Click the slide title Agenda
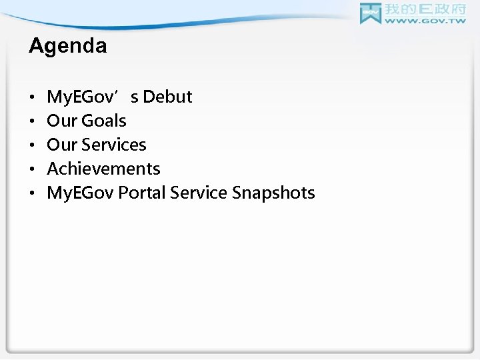[67, 46]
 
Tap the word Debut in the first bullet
[167, 97]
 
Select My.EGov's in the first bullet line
[93, 97]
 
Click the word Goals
[103, 121]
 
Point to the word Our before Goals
[61, 121]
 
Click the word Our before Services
[61, 145]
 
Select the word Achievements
[103, 169]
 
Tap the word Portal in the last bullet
[143, 193]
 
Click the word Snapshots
[273, 193]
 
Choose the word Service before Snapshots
[199, 193]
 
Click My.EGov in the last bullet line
[80, 193]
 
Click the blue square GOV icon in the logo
[370, 13]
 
